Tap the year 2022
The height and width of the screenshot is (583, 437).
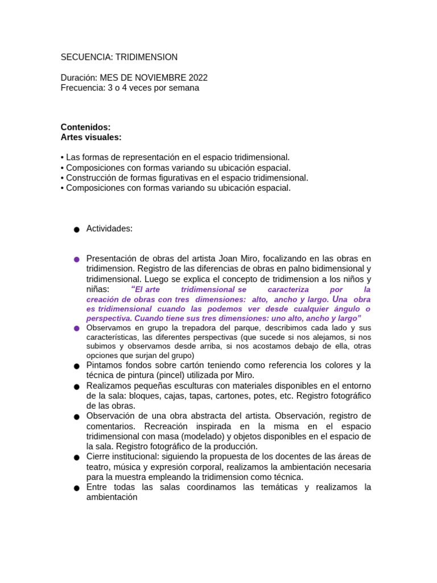[x=196, y=78]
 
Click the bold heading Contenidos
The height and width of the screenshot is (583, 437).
[x=85, y=128]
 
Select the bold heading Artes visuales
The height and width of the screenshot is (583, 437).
[x=91, y=137]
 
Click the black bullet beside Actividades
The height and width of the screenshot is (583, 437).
[x=76, y=229]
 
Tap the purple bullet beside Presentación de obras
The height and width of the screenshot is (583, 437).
[x=76, y=260]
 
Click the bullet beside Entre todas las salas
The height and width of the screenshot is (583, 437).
[x=76, y=488]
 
